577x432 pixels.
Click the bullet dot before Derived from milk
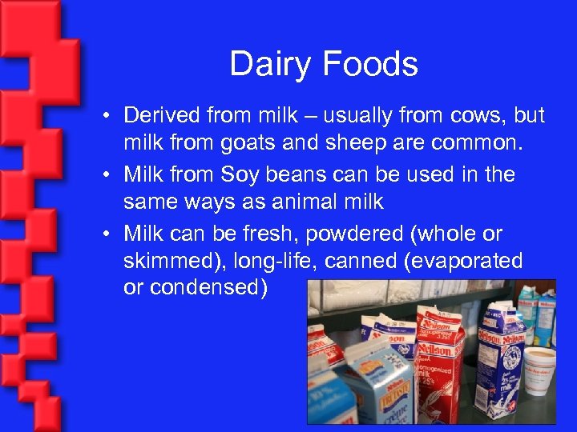tap(107, 116)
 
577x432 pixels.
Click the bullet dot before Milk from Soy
tap(107, 174)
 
